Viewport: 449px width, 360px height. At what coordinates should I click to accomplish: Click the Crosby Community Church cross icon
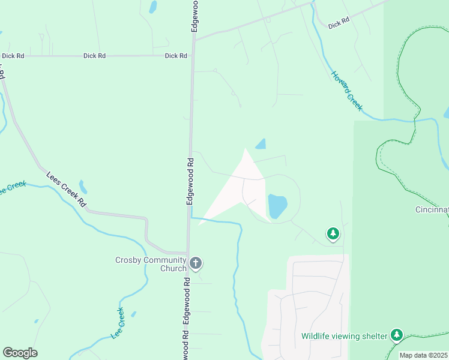coord(196,262)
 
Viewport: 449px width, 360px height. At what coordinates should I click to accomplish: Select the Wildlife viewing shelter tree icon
coord(396,335)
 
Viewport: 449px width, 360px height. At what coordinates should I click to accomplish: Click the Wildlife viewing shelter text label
coord(344,336)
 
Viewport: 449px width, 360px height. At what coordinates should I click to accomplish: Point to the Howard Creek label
coord(348,91)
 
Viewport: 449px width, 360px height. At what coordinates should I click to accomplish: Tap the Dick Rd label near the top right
coord(339,23)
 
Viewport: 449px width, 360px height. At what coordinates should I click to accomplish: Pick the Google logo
coord(20,353)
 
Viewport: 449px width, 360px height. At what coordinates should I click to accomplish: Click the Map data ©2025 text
coord(423,355)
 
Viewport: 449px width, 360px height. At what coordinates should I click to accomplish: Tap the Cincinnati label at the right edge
coord(432,210)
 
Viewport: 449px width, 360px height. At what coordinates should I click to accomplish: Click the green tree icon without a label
coord(333,233)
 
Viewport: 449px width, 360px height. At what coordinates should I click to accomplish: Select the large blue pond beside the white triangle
coord(277,206)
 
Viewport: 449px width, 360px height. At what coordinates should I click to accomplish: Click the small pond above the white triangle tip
coord(261,144)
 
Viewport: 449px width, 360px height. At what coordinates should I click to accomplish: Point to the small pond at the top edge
coord(153,7)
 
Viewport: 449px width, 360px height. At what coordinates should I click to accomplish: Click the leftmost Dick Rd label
coord(13,56)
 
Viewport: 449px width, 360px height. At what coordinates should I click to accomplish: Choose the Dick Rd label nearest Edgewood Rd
coord(176,56)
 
